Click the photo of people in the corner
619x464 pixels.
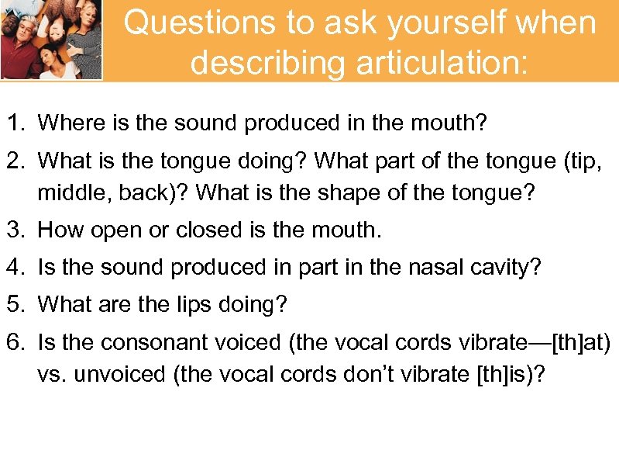coord(51,39)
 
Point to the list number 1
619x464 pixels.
coord(15,122)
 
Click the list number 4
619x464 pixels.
coord(15,268)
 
